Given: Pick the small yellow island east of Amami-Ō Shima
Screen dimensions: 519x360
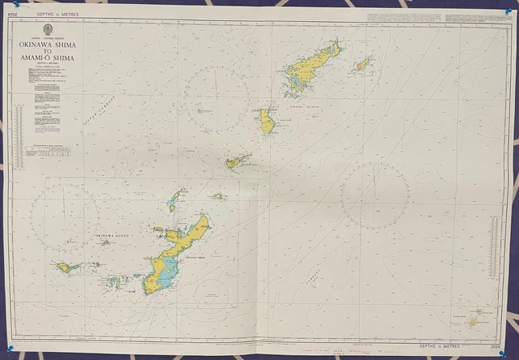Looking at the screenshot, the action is tap(362, 63).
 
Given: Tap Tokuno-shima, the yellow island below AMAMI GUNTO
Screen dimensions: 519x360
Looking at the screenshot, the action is tap(266, 123).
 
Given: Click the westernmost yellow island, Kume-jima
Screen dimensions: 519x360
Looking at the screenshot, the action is tap(68, 267).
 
